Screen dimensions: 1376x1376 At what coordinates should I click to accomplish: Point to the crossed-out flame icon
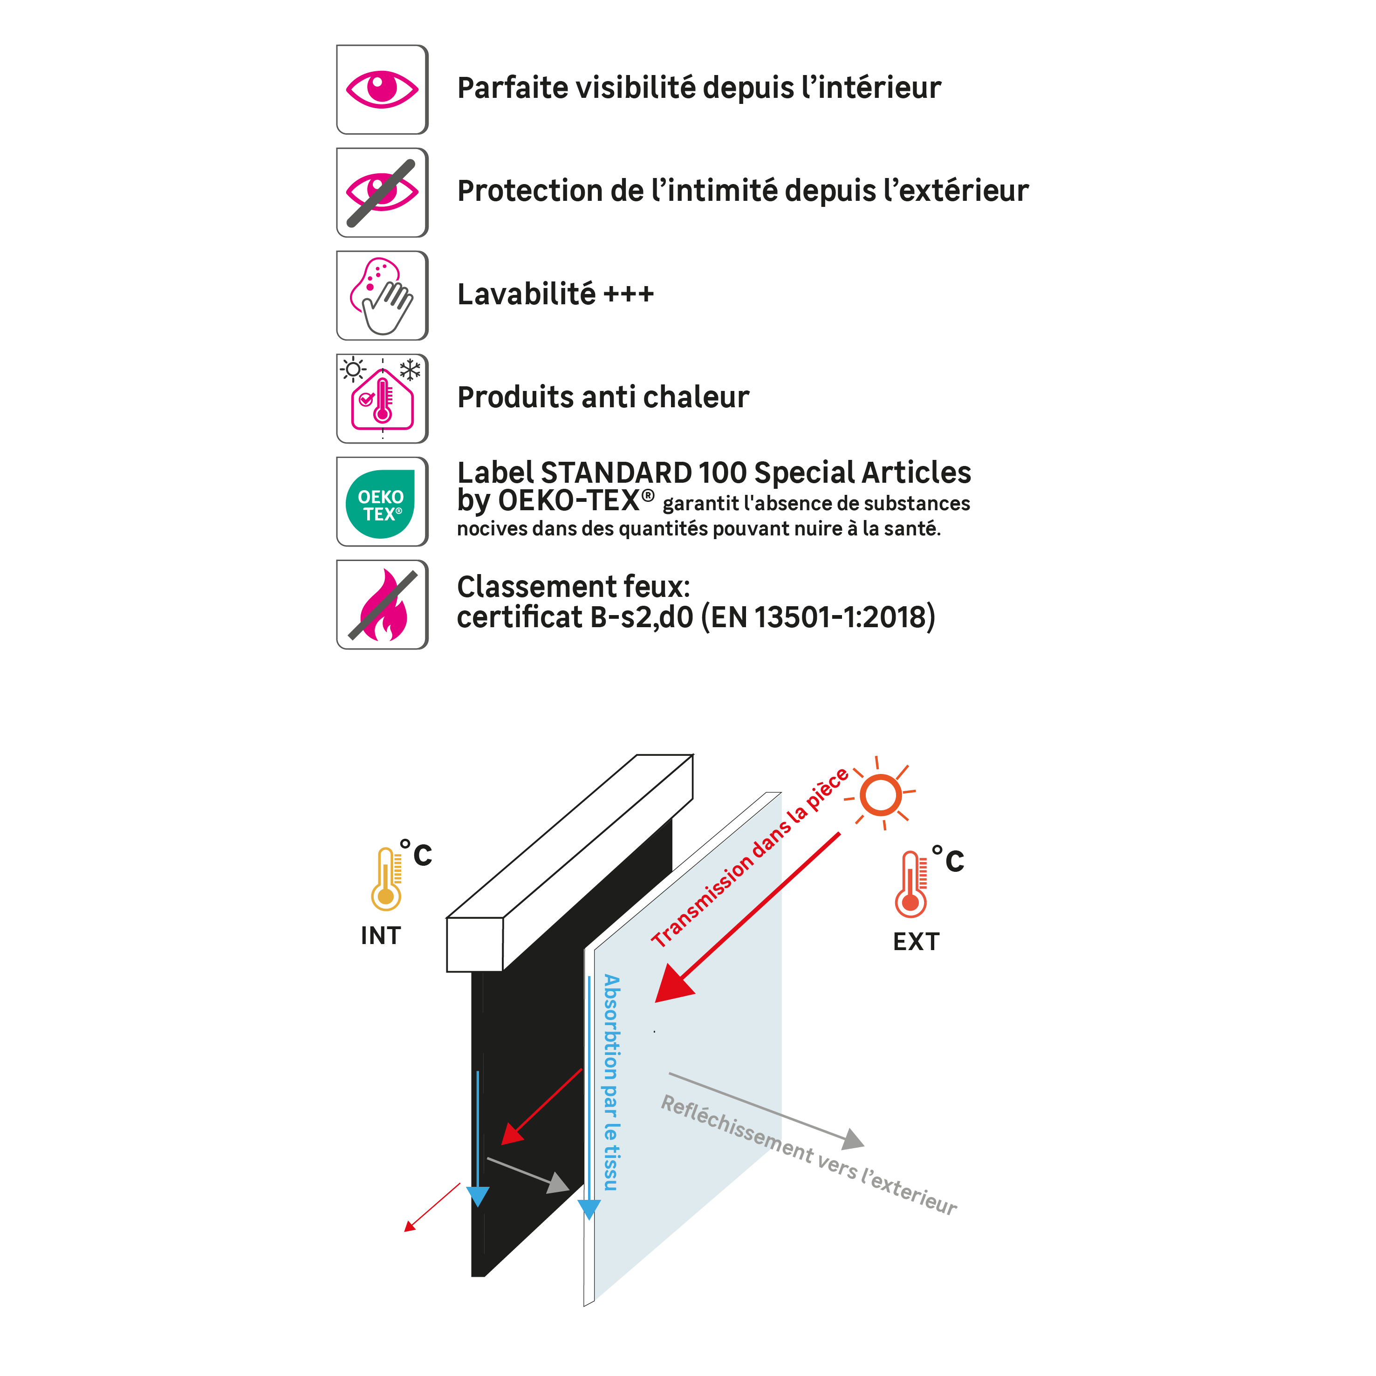tap(383, 605)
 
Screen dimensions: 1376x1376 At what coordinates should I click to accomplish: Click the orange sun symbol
tap(881, 794)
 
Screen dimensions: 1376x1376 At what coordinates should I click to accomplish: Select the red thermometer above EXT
tap(911, 884)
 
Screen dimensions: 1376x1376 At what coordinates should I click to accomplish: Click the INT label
tap(381, 936)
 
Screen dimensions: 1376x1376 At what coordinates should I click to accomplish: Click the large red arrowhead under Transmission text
tap(671, 986)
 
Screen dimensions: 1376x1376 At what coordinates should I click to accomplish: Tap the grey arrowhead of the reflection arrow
tap(853, 1140)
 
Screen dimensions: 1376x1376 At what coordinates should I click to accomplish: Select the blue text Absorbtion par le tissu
tap(611, 1082)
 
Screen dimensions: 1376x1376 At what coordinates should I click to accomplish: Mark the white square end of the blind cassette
tap(474, 945)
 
